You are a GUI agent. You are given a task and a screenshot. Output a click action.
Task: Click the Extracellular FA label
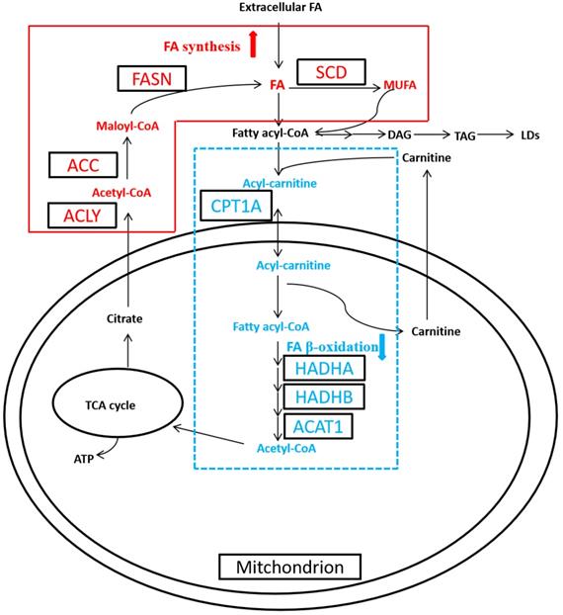pyautogui.click(x=281, y=9)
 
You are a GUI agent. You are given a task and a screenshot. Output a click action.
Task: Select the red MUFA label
pyautogui.click(x=400, y=86)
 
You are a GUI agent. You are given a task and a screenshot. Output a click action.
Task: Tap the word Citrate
pyautogui.click(x=126, y=318)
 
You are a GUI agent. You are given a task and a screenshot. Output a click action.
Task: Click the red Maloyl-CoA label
pyautogui.click(x=127, y=126)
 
